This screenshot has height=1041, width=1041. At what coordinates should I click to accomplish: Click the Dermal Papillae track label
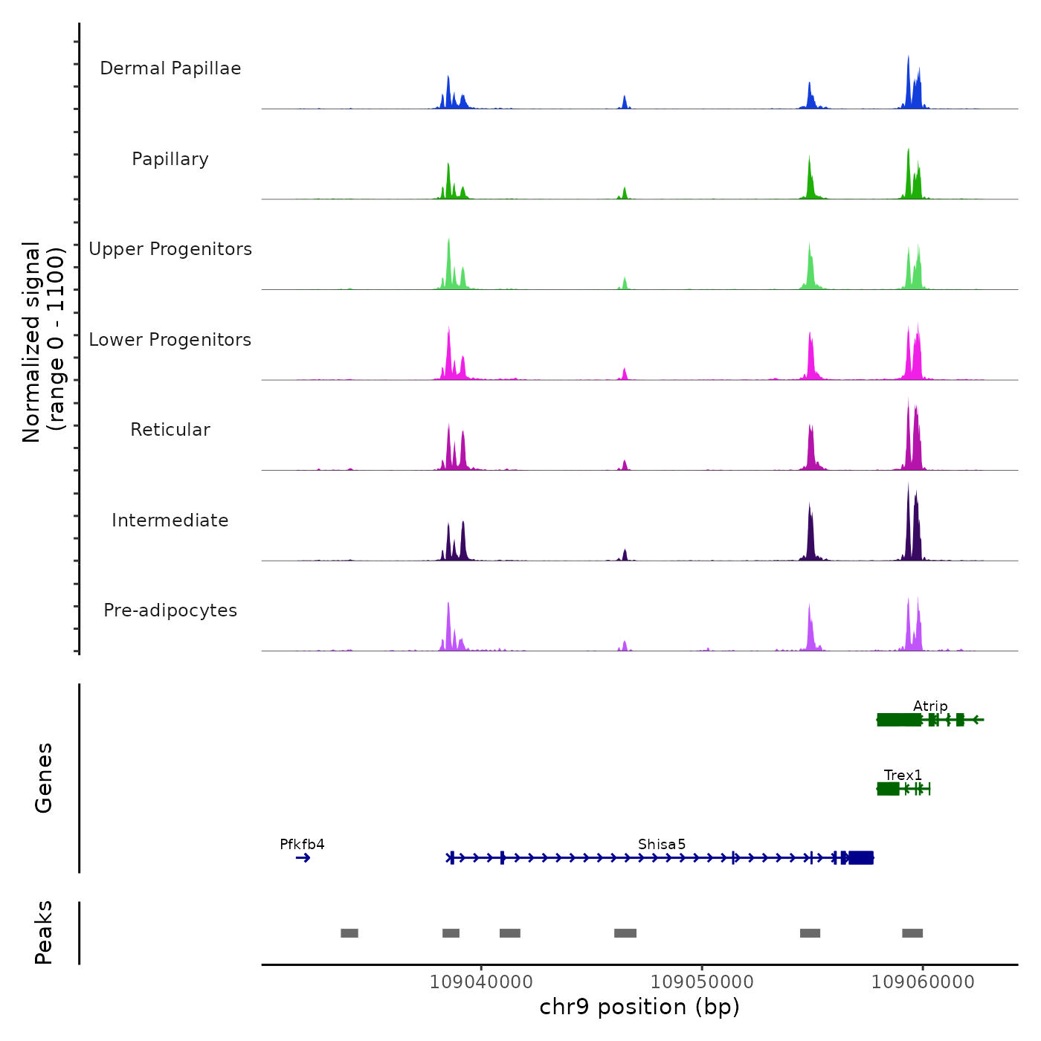pos(170,68)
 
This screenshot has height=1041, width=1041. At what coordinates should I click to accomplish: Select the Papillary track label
pos(170,159)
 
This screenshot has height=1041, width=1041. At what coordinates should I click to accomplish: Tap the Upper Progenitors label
pos(170,249)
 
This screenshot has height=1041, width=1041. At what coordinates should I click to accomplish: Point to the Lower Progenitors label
pos(170,340)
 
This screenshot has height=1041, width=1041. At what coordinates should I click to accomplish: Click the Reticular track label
pos(170,430)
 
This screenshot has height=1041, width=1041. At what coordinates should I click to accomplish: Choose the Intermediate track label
pos(170,520)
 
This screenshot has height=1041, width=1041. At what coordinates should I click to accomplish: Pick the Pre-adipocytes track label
pos(170,610)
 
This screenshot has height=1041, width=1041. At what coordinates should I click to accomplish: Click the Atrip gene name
pos(930,706)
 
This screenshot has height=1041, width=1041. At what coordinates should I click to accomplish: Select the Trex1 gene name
pos(903,775)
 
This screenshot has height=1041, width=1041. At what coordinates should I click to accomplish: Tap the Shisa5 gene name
pos(662,844)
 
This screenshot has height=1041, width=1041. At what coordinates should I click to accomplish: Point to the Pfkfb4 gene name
pos(302,844)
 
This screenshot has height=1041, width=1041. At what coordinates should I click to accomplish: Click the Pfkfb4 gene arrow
pos(303,858)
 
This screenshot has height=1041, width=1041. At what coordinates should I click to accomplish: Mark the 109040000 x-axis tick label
pos(481,982)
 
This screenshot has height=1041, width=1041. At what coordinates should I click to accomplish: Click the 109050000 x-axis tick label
pos(702,982)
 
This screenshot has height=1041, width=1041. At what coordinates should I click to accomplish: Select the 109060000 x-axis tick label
pos(923,982)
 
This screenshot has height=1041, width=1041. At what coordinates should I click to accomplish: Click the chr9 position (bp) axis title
pos(639,1007)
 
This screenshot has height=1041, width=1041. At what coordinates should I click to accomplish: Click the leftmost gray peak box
pos(349,933)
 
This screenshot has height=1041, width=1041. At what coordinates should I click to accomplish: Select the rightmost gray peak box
pos(912,933)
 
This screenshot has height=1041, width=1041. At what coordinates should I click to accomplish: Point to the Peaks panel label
pos(43,932)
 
